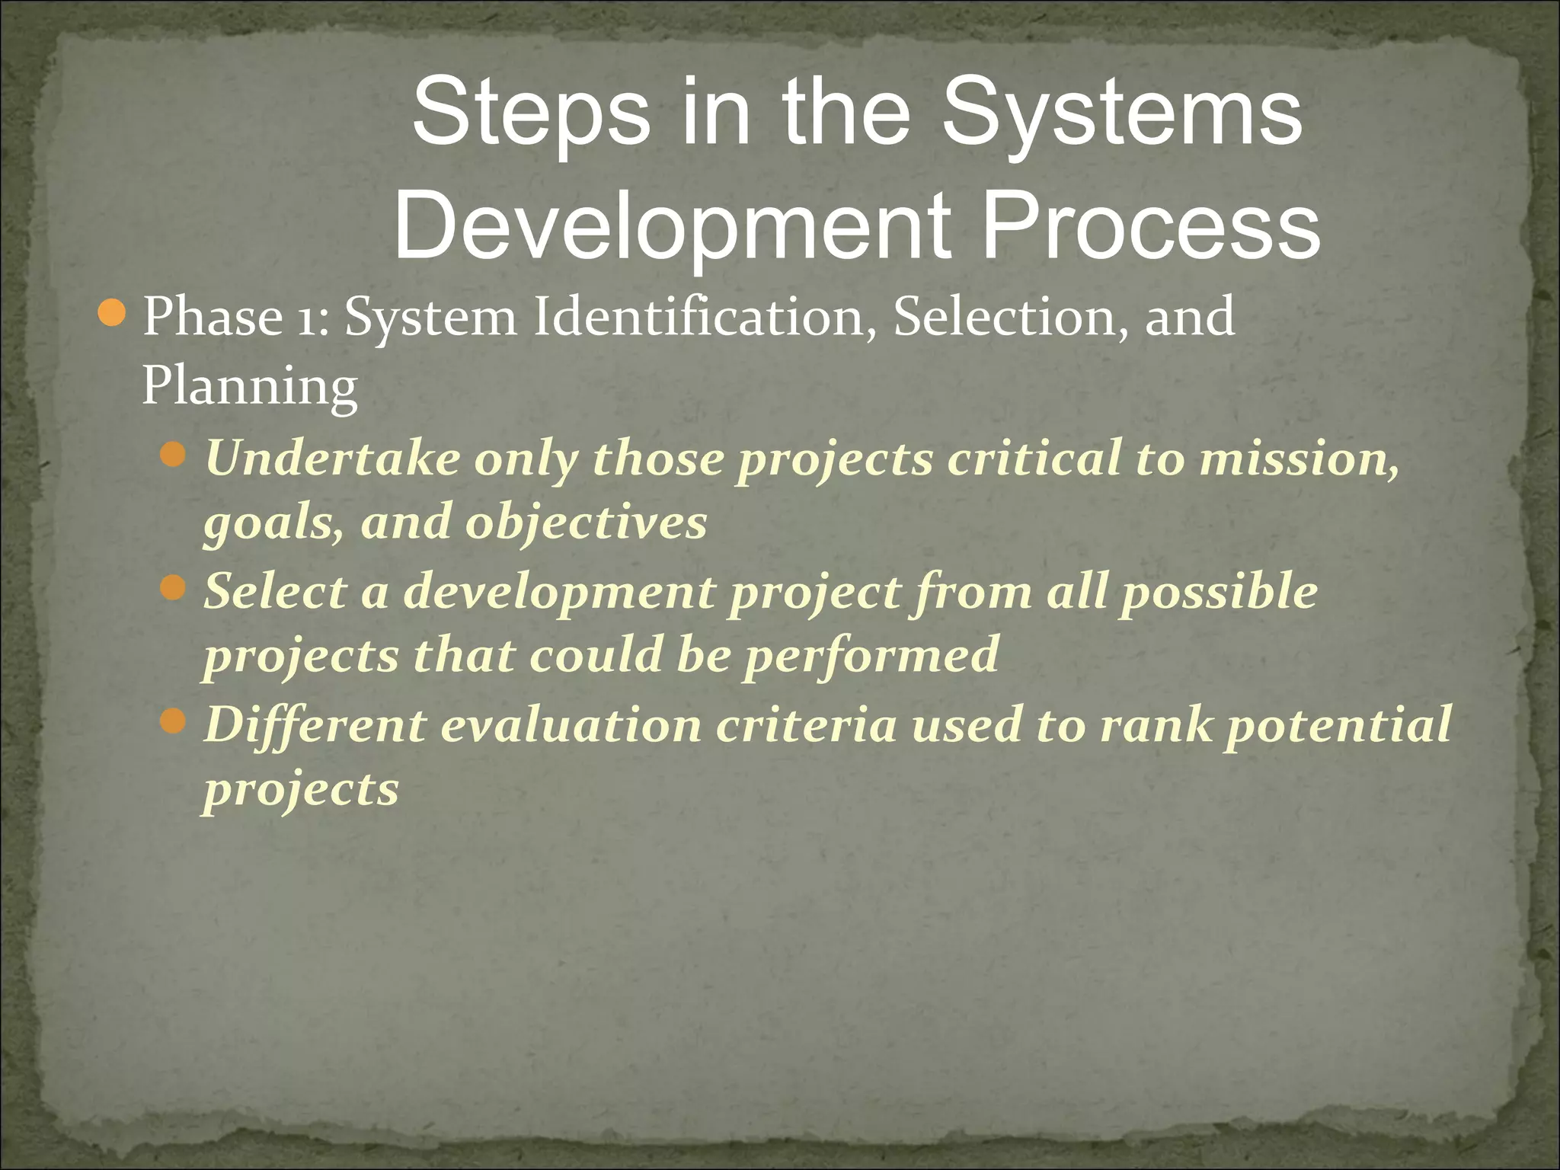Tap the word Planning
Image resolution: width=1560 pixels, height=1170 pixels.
250,387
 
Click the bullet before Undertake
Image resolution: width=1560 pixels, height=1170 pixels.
174,455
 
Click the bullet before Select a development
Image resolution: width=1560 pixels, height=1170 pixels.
174,587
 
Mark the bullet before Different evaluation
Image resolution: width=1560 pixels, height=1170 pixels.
174,720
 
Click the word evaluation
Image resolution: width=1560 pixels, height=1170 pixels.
571,724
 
